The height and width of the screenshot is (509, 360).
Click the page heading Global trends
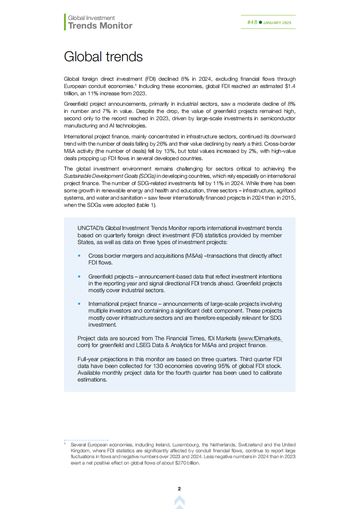[x=103, y=57]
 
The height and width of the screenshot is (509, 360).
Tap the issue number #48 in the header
[x=252, y=22]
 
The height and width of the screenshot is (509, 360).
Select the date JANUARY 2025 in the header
[x=277, y=23]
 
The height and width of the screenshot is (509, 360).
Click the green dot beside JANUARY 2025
[x=261, y=22]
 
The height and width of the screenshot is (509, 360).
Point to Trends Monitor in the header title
[x=100, y=26]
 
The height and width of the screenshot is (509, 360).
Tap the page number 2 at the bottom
[x=179, y=489]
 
